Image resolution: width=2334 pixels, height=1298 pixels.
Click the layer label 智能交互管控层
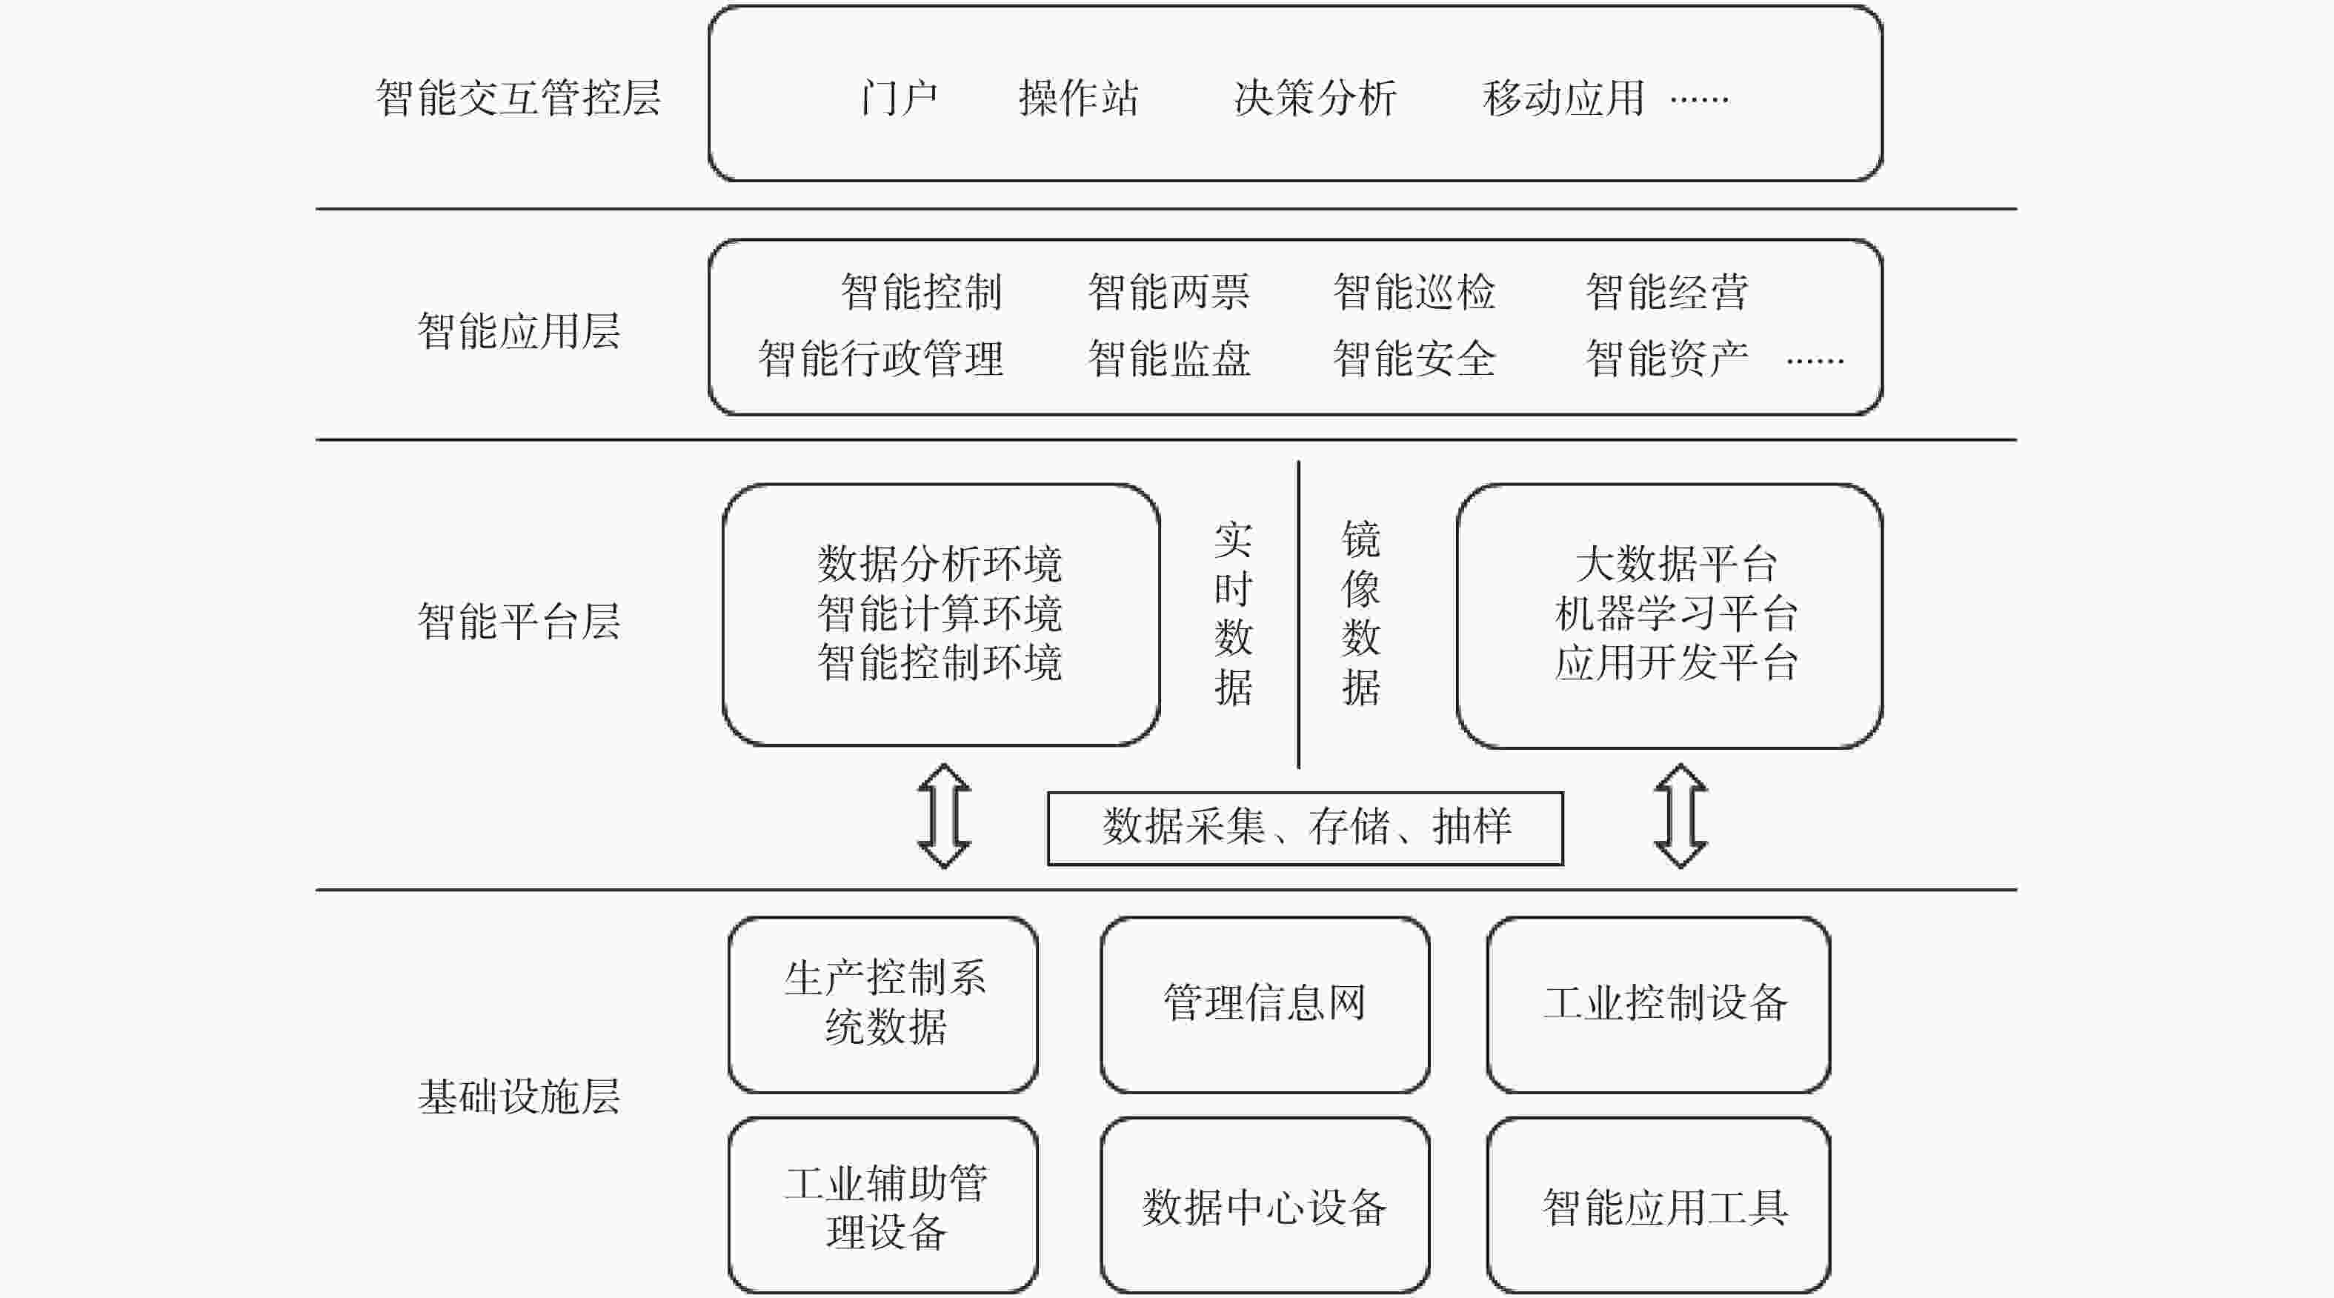click(x=518, y=98)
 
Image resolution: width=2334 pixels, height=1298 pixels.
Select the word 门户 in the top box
click(x=899, y=98)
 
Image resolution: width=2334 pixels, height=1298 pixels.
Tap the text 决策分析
click(x=1316, y=98)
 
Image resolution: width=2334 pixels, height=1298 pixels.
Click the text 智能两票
click(x=1168, y=292)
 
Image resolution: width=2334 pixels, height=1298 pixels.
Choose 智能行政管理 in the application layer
click(x=881, y=359)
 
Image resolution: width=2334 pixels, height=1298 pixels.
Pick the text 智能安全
click(x=1414, y=359)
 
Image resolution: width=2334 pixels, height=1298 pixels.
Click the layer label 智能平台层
click(x=518, y=622)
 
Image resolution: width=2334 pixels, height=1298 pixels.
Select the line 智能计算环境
click(x=940, y=613)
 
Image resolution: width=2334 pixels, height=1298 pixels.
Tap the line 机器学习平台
click(x=1676, y=613)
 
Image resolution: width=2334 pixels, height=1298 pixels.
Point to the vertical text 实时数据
click(x=1233, y=613)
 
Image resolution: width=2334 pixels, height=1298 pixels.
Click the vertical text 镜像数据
click(x=1361, y=613)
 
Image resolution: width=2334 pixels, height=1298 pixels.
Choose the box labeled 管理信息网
click(x=1265, y=1005)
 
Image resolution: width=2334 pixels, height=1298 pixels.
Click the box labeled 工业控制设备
click(x=1658, y=1005)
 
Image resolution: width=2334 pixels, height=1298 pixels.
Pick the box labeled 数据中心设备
click(x=1265, y=1205)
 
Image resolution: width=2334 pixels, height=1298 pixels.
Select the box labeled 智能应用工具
click(x=1658, y=1205)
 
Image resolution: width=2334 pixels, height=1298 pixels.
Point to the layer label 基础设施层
click(x=518, y=1096)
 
